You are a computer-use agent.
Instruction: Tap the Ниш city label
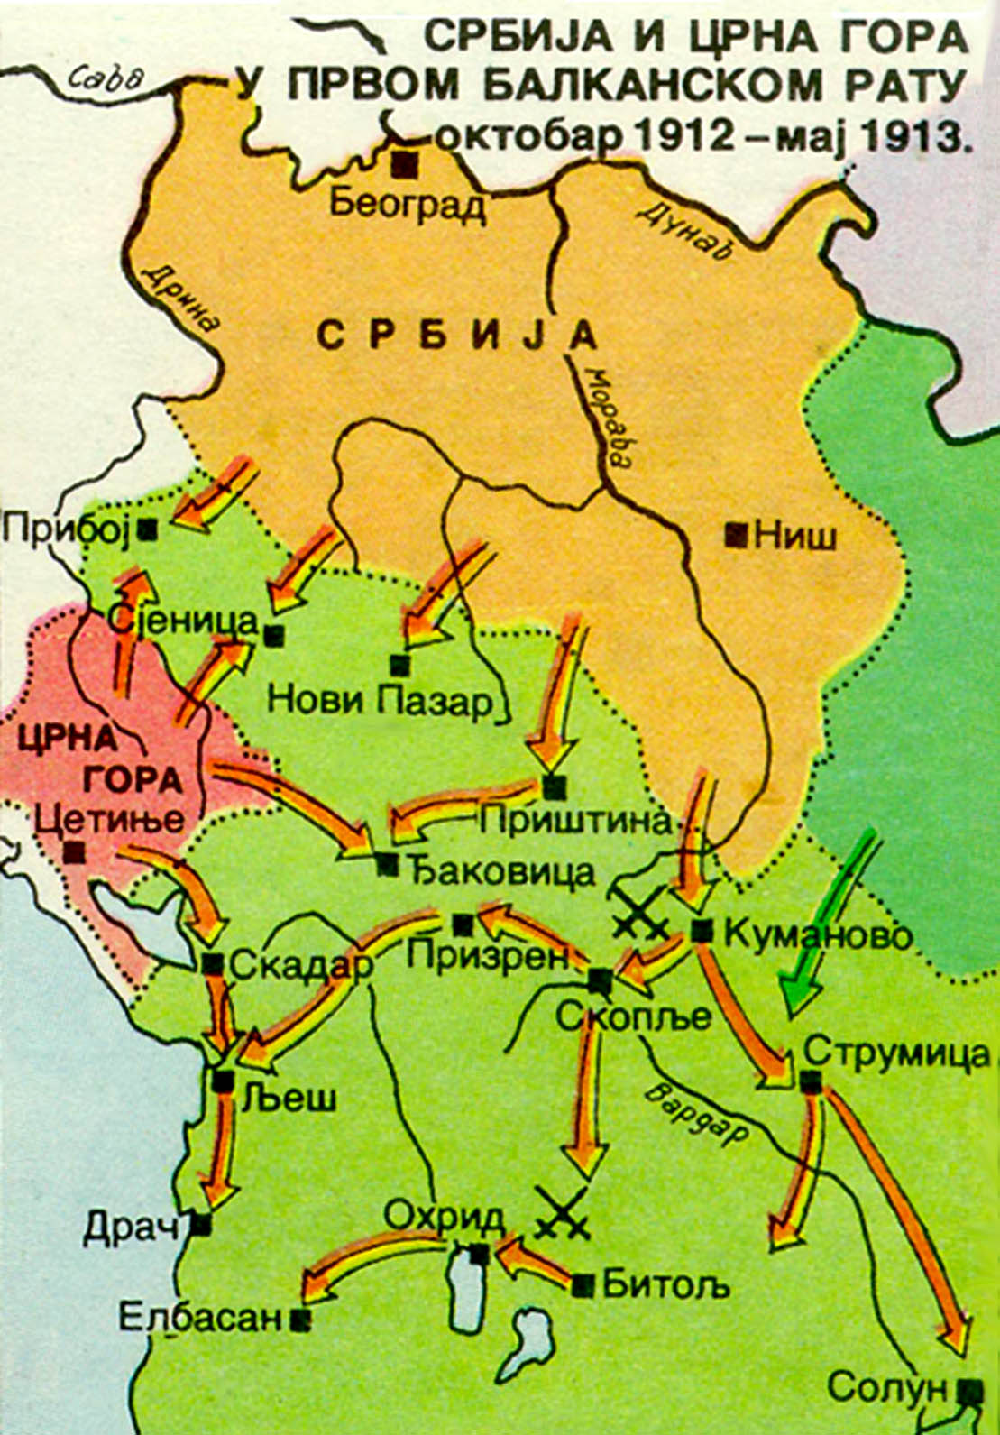point(794,537)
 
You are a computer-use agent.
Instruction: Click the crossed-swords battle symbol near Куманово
point(640,911)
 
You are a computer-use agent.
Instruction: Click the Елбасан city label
point(201,1318)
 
